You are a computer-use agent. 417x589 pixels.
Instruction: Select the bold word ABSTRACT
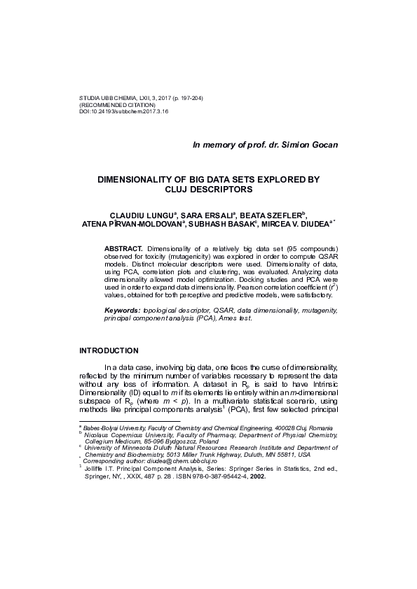coord(123,248)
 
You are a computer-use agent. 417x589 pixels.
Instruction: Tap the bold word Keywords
coord(121,309)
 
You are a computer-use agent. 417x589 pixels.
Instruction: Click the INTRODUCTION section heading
coord(109,350)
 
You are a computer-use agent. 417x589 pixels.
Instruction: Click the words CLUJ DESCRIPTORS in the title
coord(208,189)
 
